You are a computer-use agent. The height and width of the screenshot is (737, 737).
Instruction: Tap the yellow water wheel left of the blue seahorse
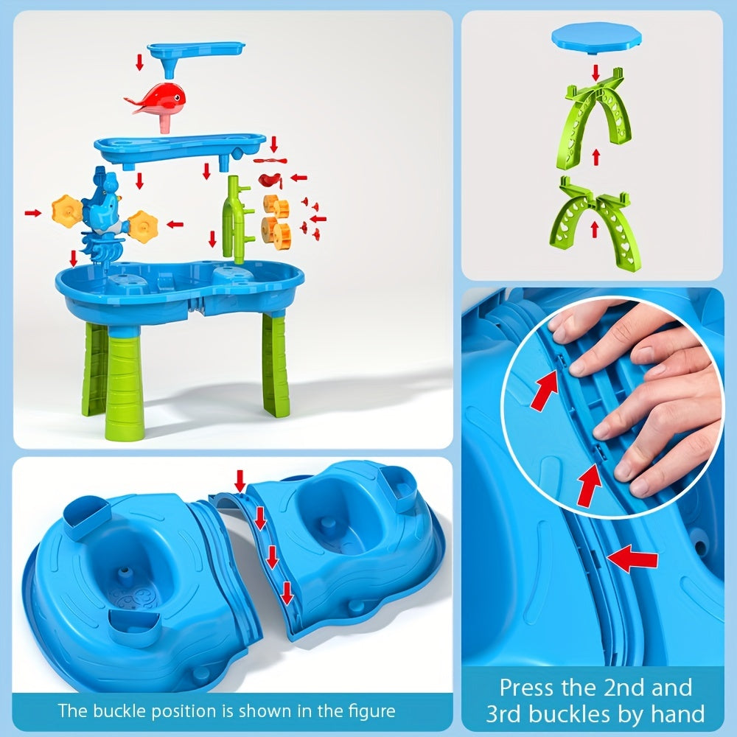pos(66,212)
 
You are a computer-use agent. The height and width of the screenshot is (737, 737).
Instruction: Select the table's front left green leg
pos(122,383)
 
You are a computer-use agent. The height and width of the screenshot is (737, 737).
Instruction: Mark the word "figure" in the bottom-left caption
pos(372,711)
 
